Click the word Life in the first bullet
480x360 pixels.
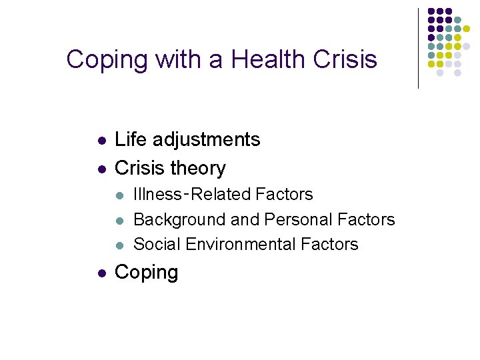(131, 139)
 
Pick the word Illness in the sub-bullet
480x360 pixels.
(157, 195)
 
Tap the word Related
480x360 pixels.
(219, 195)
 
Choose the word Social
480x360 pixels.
(157, 244)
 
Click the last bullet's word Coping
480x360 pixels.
(147, 272)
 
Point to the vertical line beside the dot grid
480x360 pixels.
(418, 48)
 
